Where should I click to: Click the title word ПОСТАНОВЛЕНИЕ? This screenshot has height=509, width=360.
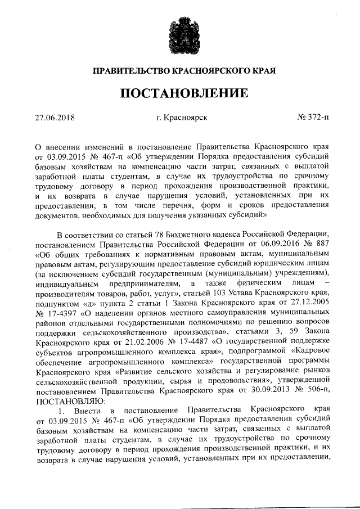click(180, 93)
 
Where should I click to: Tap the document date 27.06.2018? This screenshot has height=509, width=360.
click(55, 118)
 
